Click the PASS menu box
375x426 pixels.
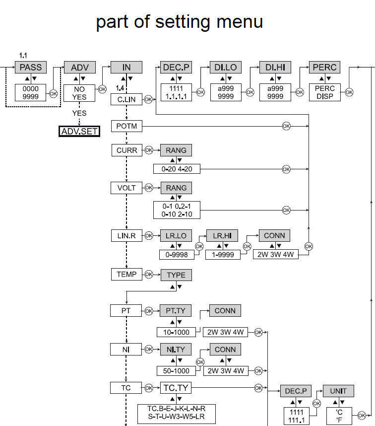click(x=30, y=68)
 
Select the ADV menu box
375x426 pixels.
click(x=79, y=68)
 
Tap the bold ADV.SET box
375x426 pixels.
click(x=79, y=132)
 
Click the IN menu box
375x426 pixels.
click(x=126, y=68)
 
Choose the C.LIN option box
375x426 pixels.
click(x=126, y=100)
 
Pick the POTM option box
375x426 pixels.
click(x=126, y=127)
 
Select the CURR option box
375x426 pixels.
click(x=126, y=149)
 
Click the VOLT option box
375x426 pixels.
click(x=126, y=188)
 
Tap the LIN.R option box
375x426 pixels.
click(x=126, y=235)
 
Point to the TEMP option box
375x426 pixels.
click(x=126, y=274)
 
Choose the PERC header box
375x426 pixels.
click(x=324, y=68)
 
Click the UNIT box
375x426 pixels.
click(x=338, y=391)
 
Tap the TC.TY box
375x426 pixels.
click(x=176, y=387)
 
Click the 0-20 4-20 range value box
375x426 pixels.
click(x=176, y=169)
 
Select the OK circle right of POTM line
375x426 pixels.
click(x=286, y=127)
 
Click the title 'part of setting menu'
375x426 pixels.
click(x=179, y=22)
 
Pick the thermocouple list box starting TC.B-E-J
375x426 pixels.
click(x=176, y=414)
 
